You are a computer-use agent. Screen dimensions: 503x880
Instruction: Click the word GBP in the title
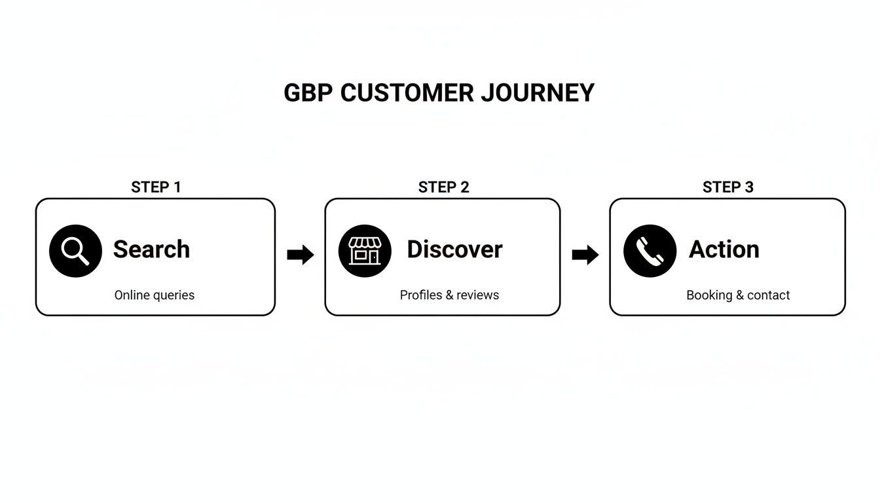click(x=308, y=93)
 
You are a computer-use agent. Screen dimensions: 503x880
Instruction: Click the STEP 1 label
click(x=156, y=187)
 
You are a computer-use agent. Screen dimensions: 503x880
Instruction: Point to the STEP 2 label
click(x=443, y=187)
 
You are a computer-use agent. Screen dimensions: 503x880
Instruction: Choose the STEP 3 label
click(x=727, y=187)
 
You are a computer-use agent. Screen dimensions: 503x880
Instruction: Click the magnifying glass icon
click(x=75, y=251)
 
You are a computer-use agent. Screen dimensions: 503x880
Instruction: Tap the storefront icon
click(x=365, y=251)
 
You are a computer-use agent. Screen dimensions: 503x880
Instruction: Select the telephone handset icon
click(x=650, y=251)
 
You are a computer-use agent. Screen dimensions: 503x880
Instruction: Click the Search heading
click(x=151, y=250)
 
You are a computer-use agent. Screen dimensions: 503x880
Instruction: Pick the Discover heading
click(x=454, y=250)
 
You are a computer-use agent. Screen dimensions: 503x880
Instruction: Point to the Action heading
click(x=724, y=250)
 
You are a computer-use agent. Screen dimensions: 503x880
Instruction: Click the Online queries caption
click(x=155, y=295)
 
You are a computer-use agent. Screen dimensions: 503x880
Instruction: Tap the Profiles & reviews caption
click(x=449, y=295)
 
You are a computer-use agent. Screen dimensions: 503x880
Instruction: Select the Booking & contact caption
click(x=738, y=295)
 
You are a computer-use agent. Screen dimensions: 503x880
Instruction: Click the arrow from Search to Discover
click(x=301, y=255)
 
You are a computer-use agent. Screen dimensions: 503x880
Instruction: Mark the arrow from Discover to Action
click(x=585, y=255)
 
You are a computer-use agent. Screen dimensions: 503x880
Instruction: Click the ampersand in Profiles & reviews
click(x=449, y=295)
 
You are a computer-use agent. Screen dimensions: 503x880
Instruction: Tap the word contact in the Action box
click(x=769, y=295)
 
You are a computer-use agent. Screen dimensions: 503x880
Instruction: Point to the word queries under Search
click(x=173, y=295)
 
